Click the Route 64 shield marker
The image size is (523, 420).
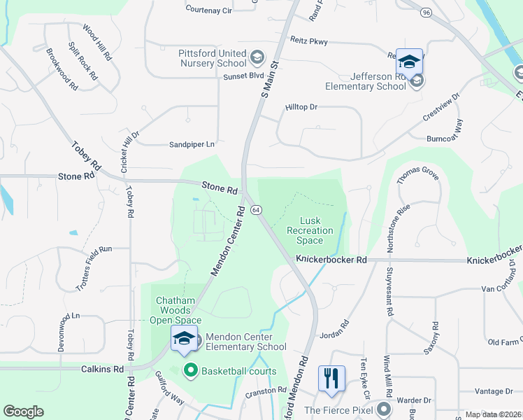click(257, 209)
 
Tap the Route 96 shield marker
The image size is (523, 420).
click(426, 12)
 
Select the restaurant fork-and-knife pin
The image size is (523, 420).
click(331, 378)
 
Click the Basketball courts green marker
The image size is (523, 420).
click(189, 370)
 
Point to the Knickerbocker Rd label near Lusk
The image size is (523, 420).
click(331, 259)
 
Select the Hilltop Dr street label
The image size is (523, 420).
click(301, 107)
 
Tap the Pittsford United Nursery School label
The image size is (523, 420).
click(213, 58)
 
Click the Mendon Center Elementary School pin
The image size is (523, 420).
click(185, 339)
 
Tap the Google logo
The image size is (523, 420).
click(23, 412)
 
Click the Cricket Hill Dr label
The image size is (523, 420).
click(131, 150)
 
